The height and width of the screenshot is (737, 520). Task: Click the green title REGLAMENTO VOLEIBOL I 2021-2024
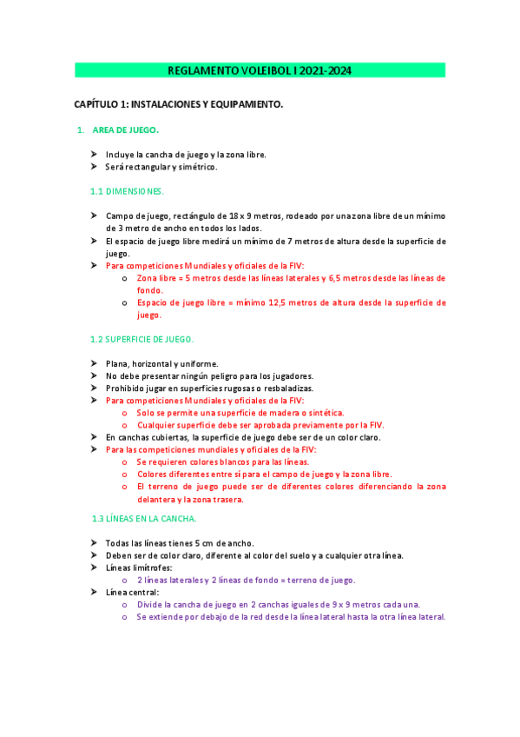click(260, 70)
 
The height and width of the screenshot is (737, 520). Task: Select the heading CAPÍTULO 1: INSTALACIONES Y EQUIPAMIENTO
click(179, 104)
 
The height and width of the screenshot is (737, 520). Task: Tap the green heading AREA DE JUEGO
click(125, 130)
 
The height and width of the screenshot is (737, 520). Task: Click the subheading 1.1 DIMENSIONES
click(127, 190)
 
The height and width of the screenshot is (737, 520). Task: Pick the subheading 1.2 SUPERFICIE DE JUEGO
click(142, 339)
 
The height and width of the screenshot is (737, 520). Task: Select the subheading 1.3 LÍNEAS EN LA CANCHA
click(144, 519)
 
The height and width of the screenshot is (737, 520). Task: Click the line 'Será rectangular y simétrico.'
click(161, 167)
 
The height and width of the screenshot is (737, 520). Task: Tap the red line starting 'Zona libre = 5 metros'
click(291, 278)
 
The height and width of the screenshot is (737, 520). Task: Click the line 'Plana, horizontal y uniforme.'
click(162, 363)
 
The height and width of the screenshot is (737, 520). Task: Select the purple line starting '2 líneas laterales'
click(246, 580)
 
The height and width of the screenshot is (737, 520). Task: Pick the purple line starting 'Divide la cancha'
click(278, 604)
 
